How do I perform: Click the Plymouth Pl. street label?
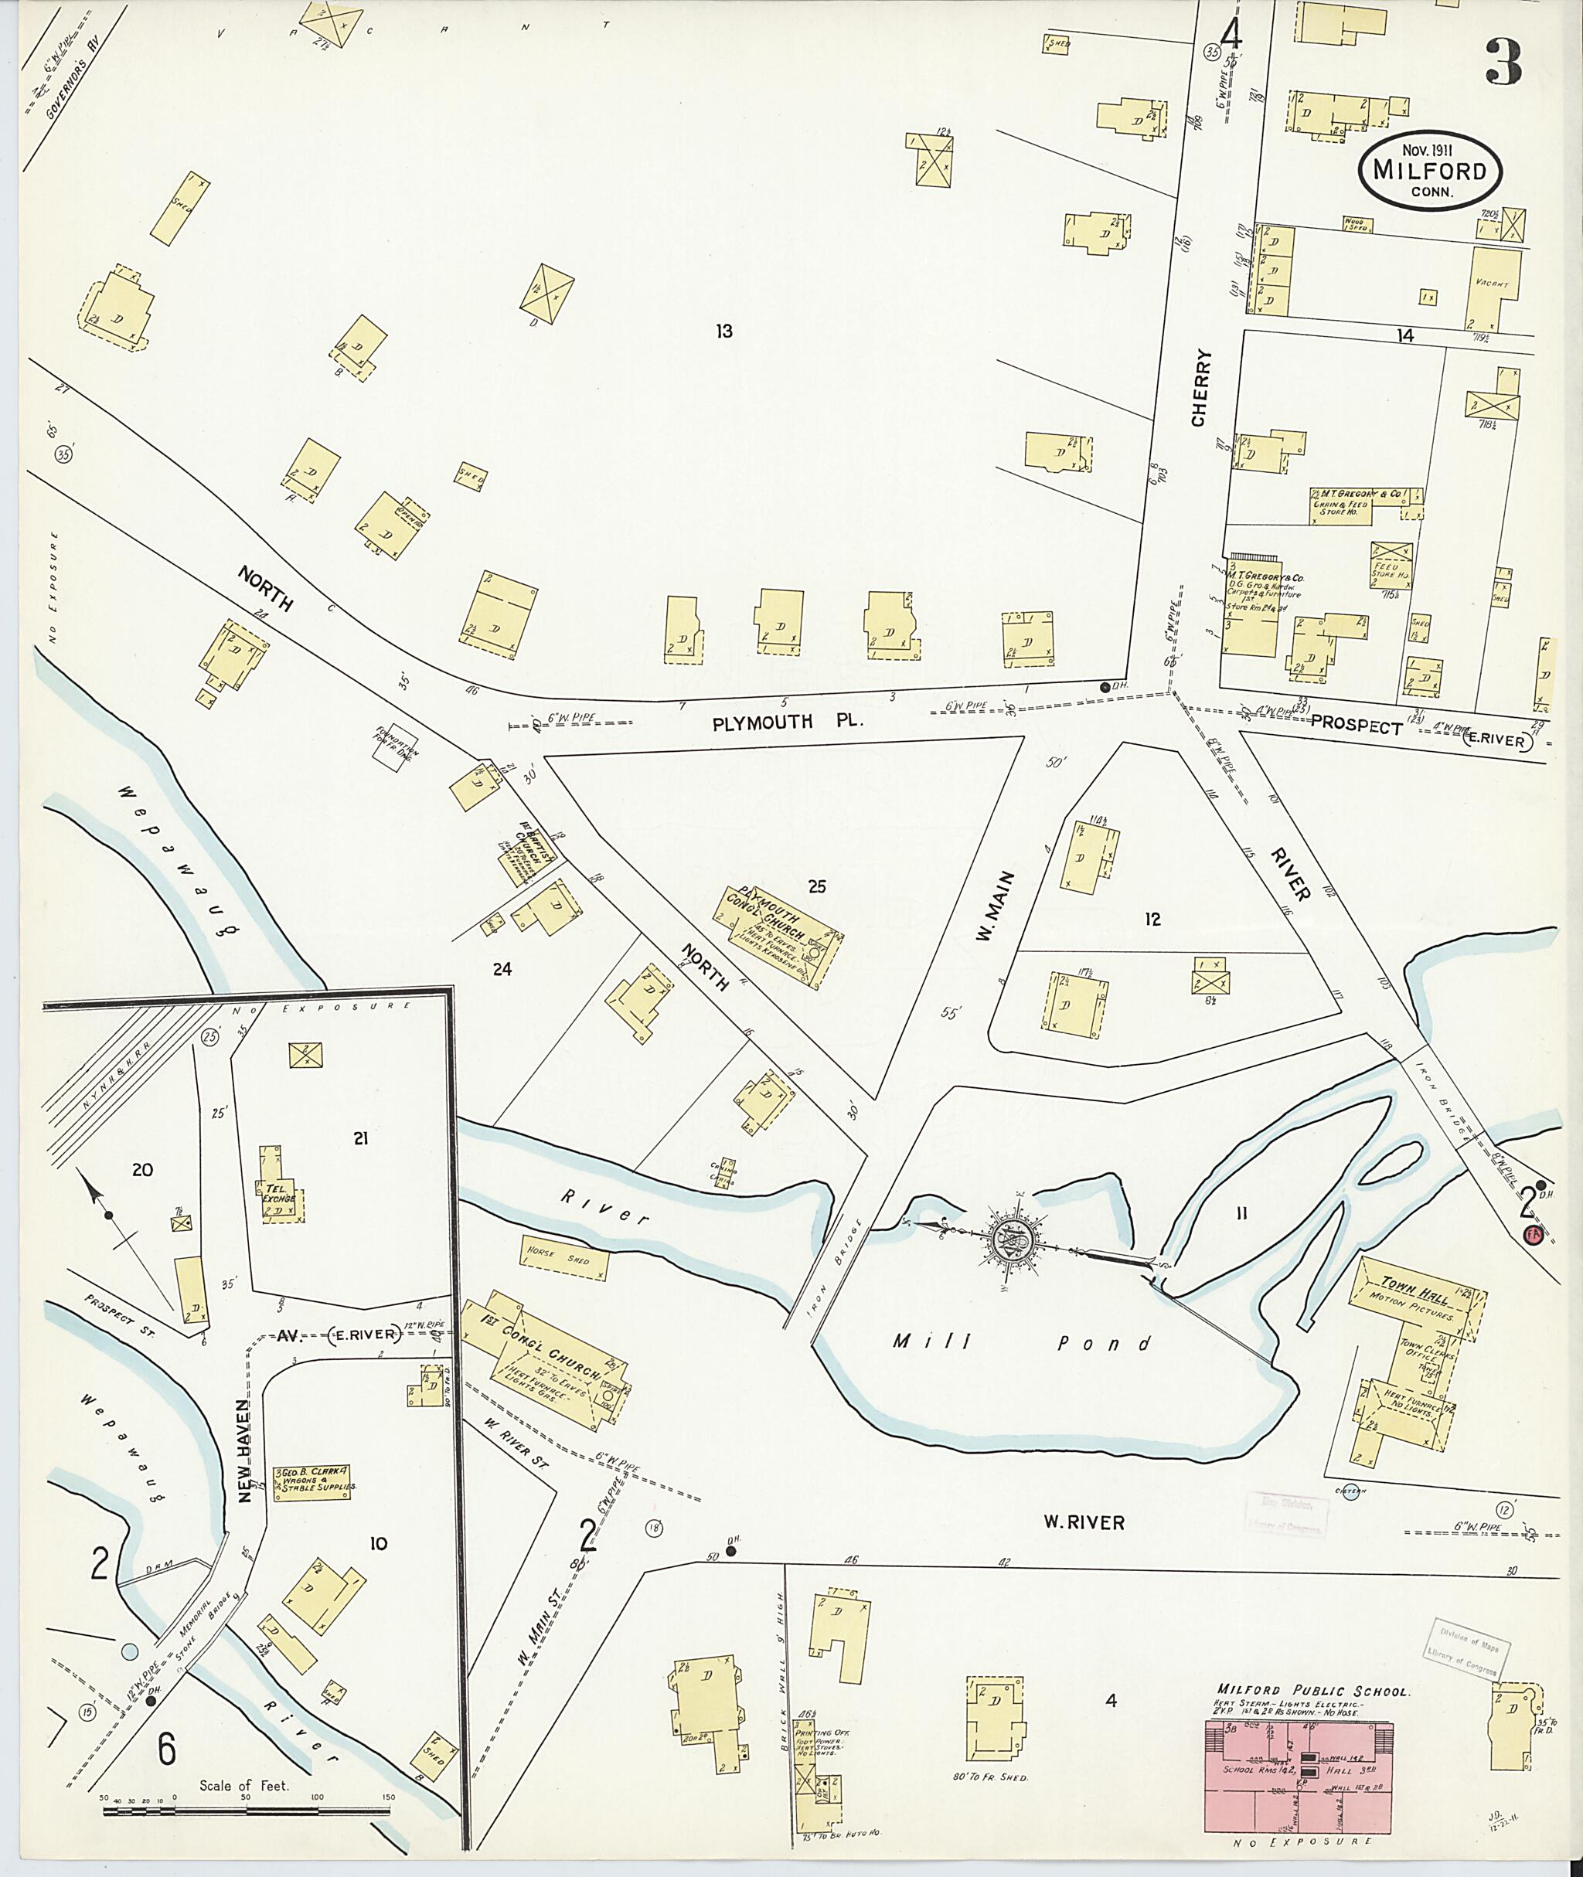pos(787,722)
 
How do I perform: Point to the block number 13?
pos(723,331)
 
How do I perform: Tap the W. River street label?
pos(1083,1521)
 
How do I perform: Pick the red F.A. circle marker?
pos(1532,1236)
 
